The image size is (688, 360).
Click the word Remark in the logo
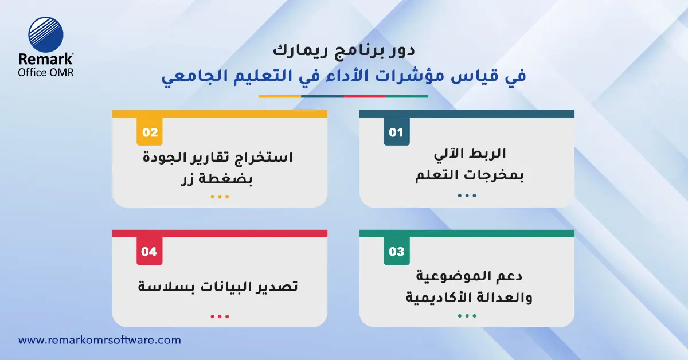point(46,60)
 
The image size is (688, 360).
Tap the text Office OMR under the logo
point(46,73)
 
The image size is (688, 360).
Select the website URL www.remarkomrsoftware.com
point(100,340)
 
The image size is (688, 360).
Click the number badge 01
point(396,132)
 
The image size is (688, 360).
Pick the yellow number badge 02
point(149,132)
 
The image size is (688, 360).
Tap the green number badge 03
point(396,252)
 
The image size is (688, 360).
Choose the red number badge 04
point(149,252)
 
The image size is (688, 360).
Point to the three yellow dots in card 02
point(220,197)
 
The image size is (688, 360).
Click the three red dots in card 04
point(220,316)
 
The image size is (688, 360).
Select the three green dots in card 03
point(467,316)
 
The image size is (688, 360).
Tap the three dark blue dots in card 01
point(467,195)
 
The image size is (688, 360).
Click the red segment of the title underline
point(365,96)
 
